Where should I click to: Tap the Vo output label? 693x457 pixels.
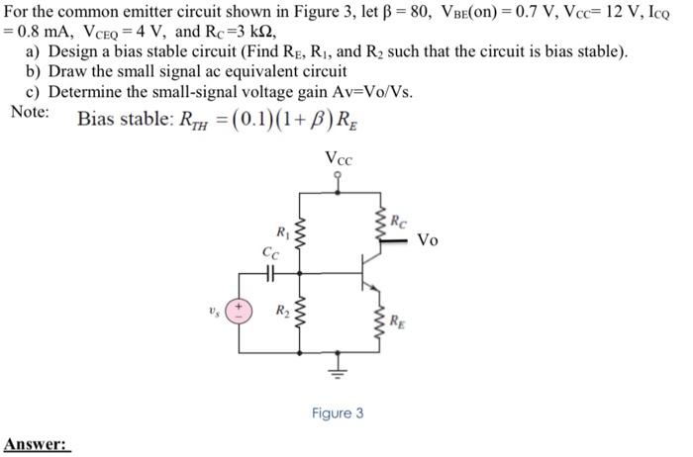[428, 239]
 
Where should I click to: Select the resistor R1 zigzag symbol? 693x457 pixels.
[299, 238]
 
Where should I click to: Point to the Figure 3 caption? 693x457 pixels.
[337, 412]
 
